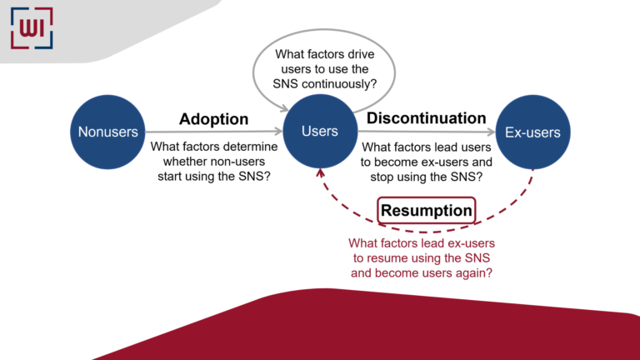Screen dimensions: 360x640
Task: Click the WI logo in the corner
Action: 32,27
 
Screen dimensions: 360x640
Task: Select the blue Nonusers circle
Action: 108,132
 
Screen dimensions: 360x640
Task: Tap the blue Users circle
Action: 319,132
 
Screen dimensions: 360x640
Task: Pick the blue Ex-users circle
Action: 532,132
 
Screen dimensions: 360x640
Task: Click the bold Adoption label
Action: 213,119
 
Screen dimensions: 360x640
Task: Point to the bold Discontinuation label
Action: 426,118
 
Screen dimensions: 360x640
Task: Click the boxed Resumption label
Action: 426,211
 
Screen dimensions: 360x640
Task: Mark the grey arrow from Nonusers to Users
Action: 217,132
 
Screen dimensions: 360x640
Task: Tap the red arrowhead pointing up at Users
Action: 319,171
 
